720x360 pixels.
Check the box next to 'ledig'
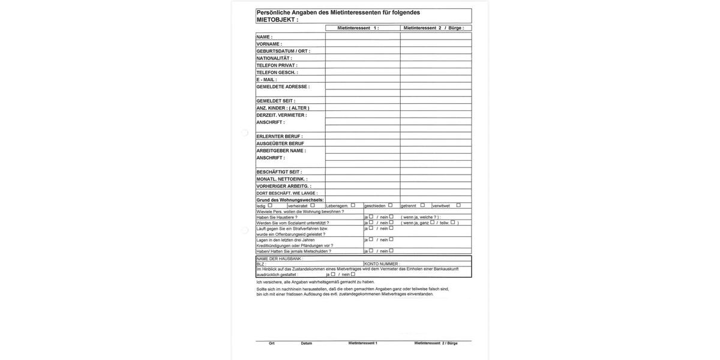[270, 205]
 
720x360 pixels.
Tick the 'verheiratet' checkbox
[313, 205]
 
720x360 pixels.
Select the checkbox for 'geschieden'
[391, 205]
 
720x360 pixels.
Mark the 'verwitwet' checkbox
[458, 205]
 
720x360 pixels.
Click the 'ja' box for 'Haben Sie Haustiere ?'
[371, 217]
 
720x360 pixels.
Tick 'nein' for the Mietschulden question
[391, 251]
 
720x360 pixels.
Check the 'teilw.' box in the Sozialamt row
[453, 222]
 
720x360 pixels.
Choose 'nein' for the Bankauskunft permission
[353, 274]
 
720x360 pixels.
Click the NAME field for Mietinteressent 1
[363, 37]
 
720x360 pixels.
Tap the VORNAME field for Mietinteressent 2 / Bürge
[436, 44]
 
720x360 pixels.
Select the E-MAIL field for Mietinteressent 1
[363, 79]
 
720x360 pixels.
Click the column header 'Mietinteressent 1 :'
[358, 28]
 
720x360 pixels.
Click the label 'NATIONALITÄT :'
[274, 58]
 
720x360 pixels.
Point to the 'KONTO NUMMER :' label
[382, 264]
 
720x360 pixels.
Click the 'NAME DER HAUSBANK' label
[279, 259]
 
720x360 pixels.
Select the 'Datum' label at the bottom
[307, 343]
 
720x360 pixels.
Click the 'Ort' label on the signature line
[272, 343]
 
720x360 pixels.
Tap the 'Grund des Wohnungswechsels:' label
[290, 200]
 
